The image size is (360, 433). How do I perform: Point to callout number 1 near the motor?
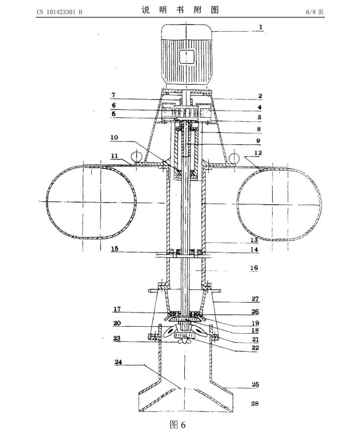(x=260, y=27)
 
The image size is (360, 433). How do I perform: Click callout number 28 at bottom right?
(x=255, y=403)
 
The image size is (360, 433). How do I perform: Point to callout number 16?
(x=254, y=268)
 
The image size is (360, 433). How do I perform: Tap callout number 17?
(x=116, y=309)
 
